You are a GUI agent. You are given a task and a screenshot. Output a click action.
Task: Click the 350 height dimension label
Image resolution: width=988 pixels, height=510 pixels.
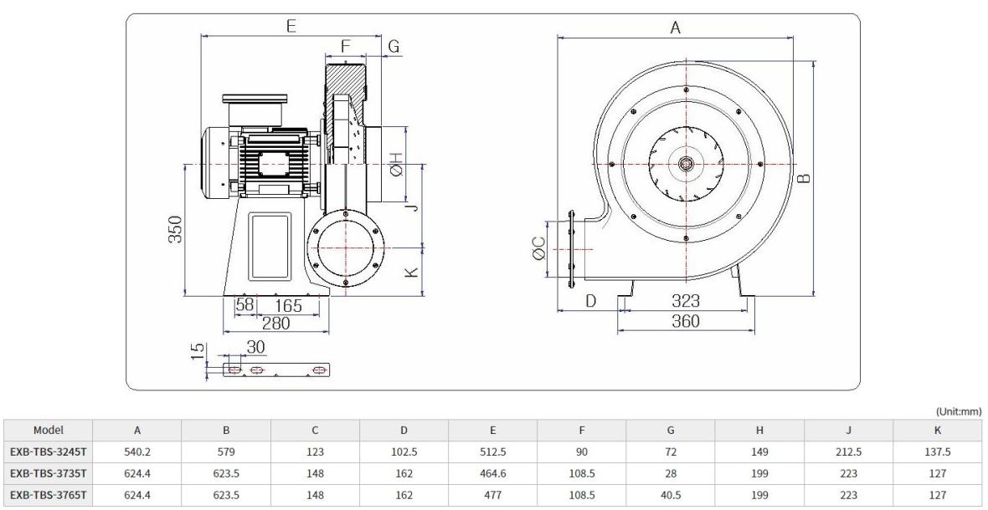coord(176,230)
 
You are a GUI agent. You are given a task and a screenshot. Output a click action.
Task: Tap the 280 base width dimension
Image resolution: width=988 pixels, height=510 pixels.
coord(276,324)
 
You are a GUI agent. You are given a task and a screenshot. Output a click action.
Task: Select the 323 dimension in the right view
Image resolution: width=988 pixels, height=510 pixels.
coord(685,301)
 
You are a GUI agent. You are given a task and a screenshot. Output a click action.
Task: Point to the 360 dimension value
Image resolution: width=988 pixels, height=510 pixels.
coord(686,321)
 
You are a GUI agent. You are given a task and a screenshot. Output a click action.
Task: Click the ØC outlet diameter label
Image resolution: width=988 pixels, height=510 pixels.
coord(538,247)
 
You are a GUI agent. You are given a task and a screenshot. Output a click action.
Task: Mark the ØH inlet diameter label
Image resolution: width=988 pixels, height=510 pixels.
coord(396,164)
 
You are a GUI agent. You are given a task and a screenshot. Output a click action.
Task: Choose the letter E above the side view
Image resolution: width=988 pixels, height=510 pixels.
coord(291,26)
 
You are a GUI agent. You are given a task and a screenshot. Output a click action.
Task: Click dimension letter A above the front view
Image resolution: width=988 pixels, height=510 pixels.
coord(676,27)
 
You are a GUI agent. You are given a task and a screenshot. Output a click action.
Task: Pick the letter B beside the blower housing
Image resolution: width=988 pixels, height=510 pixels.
coord(804,179)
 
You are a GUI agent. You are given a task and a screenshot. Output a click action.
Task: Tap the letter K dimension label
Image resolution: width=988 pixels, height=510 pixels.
coord(411,273)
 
